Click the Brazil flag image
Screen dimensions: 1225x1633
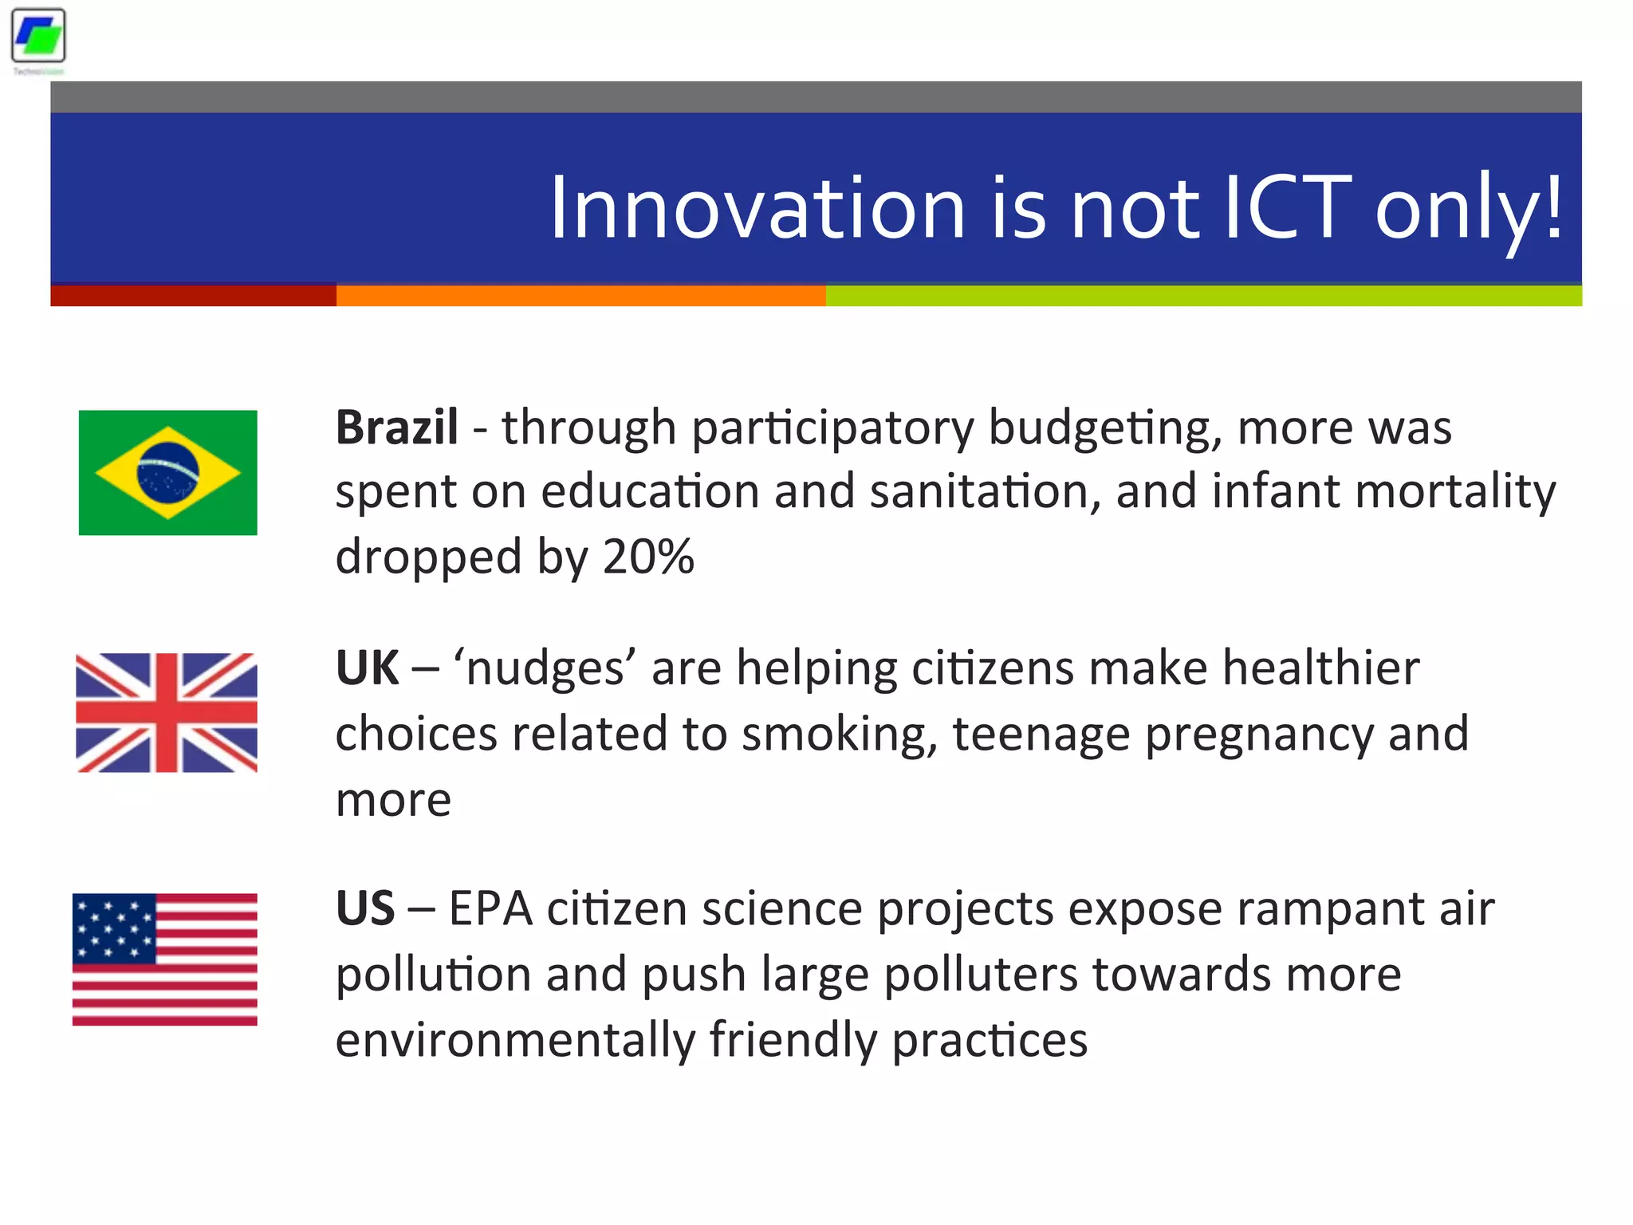pos(167,472)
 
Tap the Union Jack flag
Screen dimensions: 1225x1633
pos(166,712)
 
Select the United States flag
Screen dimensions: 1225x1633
pos(164,959)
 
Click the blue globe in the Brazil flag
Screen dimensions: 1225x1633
pos(167,473)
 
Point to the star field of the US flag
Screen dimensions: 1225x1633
pos(113,928)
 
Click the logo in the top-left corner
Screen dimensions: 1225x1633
pos(38,37)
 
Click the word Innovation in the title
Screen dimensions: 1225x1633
pos(757,209)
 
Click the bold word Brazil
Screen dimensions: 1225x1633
pos(396,427)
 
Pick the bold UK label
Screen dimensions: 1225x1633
pos(367,668)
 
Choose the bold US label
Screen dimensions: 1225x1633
pos(364,908)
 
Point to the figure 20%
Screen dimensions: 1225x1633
pos(648,557)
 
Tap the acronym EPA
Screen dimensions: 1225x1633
pos(490,908)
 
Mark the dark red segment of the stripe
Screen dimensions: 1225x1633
pos(193,296)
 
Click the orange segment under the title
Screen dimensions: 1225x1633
pos(580,296)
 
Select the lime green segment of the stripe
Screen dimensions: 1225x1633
pos(1203,296)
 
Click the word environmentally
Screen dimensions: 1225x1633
pos(515,1040)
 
